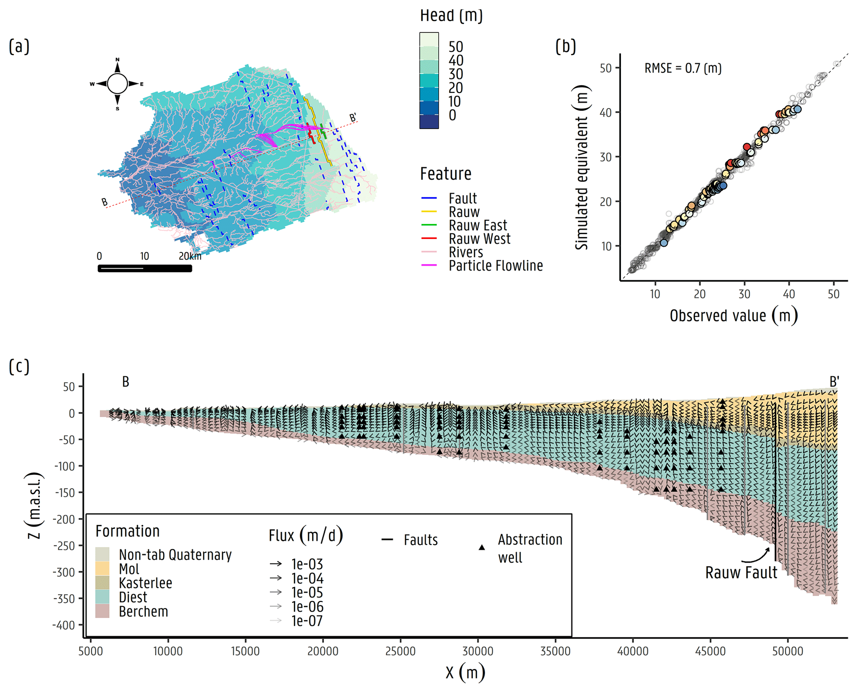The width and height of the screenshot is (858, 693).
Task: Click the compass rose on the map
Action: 117,84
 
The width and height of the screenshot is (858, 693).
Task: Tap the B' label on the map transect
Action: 353,118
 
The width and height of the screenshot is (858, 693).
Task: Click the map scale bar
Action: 145,268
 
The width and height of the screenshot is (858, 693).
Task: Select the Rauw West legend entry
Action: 479,239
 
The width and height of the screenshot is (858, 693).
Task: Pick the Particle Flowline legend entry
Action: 495,266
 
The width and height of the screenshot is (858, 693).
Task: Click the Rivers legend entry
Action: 466,252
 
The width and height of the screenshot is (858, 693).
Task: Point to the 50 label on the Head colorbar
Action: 456,47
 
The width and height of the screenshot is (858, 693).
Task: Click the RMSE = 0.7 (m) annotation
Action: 683,68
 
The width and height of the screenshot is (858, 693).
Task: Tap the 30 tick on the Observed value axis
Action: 744,294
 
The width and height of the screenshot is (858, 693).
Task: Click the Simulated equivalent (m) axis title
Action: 582,167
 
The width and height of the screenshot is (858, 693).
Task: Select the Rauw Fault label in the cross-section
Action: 741,573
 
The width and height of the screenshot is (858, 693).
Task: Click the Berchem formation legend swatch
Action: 102,611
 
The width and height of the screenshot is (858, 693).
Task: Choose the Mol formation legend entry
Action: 129,569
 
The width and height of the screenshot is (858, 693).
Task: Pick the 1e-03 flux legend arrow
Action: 276,564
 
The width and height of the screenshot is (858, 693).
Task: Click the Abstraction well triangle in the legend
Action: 482,548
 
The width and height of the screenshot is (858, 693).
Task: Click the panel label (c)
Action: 19,367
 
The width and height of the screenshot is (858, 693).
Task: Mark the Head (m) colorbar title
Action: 451,16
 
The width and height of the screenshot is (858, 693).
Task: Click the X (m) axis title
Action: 465,672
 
